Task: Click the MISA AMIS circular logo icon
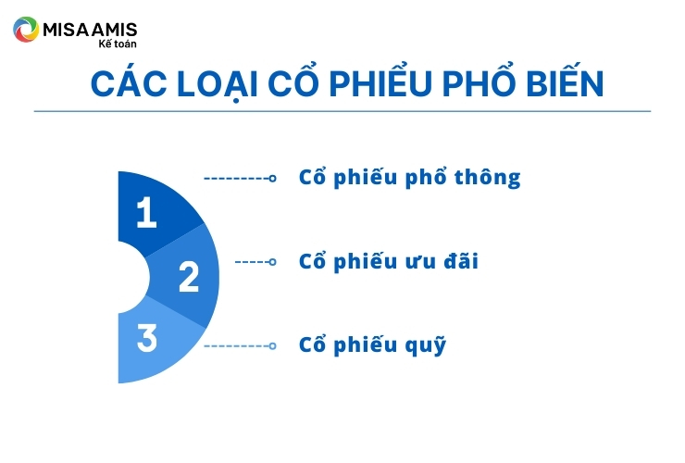(26, 30)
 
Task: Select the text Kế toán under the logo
(118, 44)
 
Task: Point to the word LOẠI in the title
(218, 84)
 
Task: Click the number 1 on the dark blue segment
(146, 212)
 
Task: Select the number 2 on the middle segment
(189, 276)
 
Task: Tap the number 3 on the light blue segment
(147, 337)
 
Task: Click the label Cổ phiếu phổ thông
(410, 178)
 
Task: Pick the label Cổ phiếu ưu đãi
(389, 261)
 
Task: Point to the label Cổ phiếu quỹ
(372, 345)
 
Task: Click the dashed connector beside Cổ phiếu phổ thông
(240, 178)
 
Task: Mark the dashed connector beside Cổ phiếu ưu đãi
(255, 262)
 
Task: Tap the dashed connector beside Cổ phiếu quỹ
(240, 345)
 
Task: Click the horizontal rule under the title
(342, 111)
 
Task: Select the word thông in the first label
(488, 178)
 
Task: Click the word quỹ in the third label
(426, 345)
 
